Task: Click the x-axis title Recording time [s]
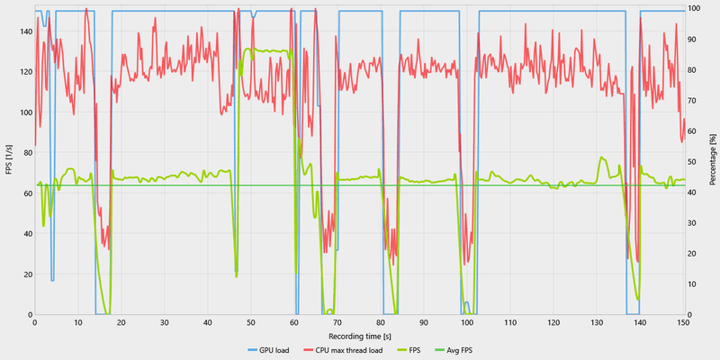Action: tap(358, 333)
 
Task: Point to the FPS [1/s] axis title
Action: tap(8, 161)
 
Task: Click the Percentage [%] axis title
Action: tap(712, 161)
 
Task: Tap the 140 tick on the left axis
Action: tap(22, 31)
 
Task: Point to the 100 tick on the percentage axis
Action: tap(694, 9)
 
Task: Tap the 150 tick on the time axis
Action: tap(683, 322)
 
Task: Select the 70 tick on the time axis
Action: tap(337, 322)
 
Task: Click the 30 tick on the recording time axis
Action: tap(164, 322)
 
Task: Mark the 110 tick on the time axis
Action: tap(510, 322)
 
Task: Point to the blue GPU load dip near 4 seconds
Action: tap(52, 280)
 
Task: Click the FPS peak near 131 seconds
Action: tap(601, 157)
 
